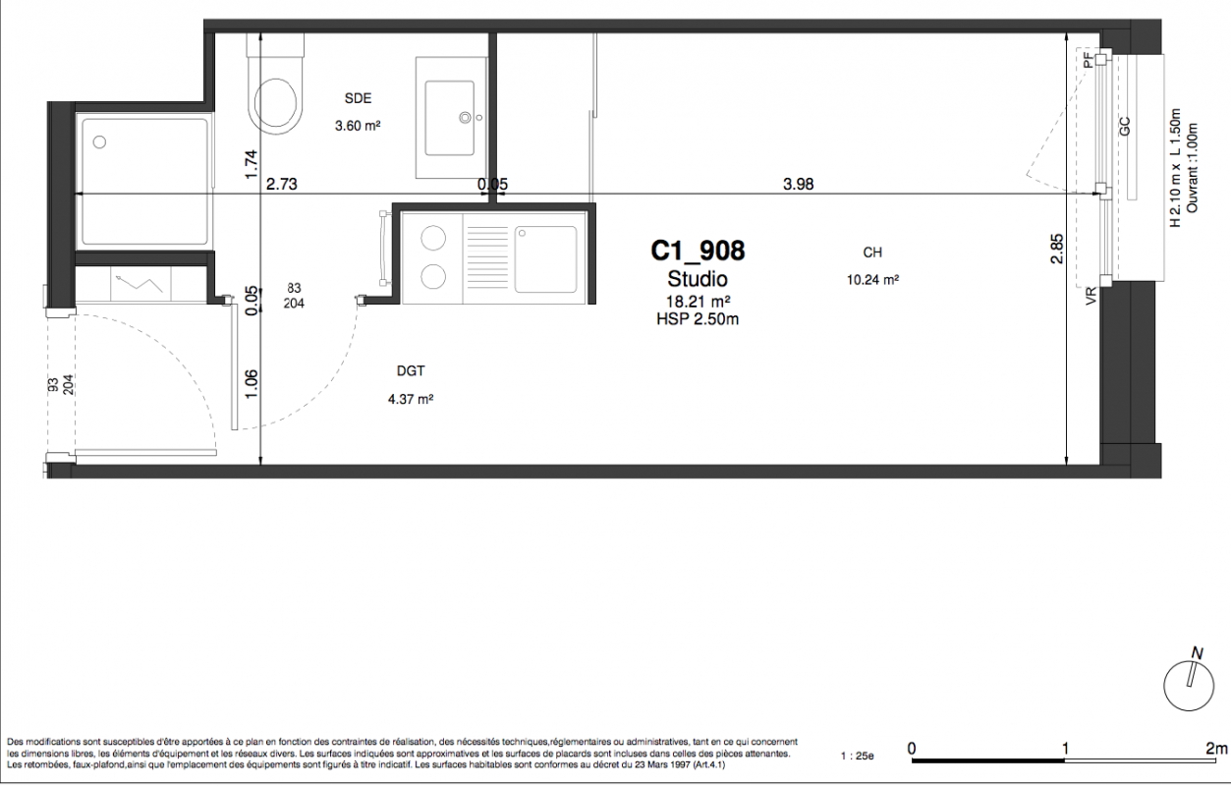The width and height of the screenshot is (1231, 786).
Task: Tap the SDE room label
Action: coord(358,98)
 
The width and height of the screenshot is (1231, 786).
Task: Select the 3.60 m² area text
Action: coord(358,126)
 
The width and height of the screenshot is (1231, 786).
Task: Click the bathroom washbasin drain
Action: coord(466,117)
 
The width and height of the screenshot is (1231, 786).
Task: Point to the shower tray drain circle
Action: coord(99,142)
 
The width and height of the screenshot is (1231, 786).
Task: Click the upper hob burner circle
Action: coord(433,239)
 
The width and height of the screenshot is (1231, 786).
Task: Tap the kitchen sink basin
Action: coord(545,259)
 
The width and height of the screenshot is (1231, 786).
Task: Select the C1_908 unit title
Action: coord(698,251)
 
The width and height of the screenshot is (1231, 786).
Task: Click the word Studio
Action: coord(698,279)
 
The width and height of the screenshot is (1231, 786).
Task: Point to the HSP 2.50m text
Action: coord(698,319)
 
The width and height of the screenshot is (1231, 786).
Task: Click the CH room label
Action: coord(872,253)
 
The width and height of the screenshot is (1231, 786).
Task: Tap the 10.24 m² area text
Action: coord(872,280)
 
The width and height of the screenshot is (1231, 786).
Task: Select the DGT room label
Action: coord(411,371)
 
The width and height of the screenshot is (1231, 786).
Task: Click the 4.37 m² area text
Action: coord(411,399)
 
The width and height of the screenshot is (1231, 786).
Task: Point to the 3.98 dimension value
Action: coord(798,184)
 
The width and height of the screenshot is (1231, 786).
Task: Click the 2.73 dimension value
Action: coord(281,184)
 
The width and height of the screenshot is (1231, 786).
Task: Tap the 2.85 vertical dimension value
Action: coord(1057,249)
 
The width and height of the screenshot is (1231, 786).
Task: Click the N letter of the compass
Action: coord(1197,653)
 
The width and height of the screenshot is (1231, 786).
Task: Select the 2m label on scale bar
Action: coord(1216,748)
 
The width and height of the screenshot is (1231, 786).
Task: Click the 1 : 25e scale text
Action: coord(858,757)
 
